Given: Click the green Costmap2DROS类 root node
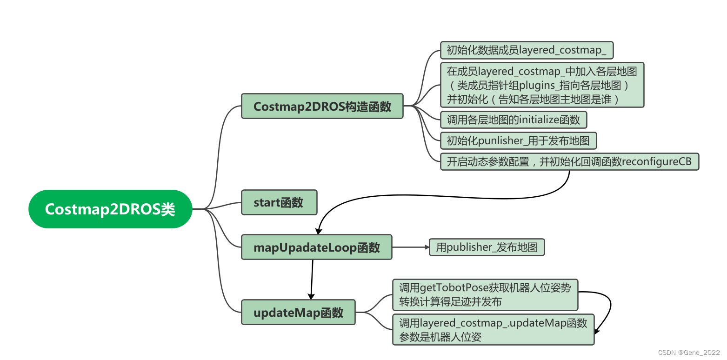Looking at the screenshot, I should (110, 209).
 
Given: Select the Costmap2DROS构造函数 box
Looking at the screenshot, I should (322, 106).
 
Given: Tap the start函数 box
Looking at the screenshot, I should (279, 202).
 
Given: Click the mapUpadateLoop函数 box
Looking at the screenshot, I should (316, 247).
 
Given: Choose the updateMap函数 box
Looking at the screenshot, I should (298, 312).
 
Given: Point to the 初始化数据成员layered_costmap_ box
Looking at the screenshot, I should (527, 50).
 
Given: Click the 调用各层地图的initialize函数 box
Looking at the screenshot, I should (514, 120).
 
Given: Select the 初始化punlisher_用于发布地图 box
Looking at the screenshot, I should (518, 140).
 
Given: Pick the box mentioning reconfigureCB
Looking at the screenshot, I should (569, 162).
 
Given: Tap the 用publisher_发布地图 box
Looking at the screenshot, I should (487, 247).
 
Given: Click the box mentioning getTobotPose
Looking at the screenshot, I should (485, 295).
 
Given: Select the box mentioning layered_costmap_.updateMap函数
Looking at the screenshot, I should (493, 330).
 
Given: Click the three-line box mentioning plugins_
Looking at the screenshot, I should (542, 85).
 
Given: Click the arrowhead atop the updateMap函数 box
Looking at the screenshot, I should (311, 296).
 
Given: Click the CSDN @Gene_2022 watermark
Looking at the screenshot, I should (689, 353).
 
